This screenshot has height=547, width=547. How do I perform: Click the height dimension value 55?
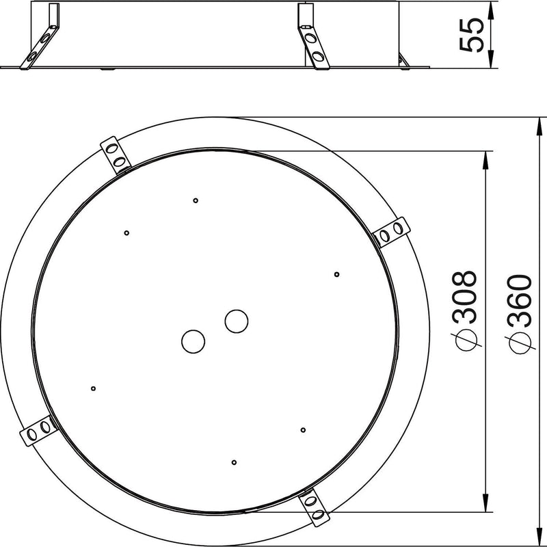(x=471, y=35)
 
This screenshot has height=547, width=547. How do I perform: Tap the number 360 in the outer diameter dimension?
(x=520, y=300)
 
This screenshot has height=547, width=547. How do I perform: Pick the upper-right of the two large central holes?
(x=237, y=321)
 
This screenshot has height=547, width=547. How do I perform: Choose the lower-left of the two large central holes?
(x=193, y=341)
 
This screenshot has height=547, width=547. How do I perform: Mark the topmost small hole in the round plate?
(x=196, y=200)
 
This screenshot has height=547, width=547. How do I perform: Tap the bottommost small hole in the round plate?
(x=234, y=463)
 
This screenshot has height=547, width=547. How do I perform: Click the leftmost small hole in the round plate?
(x=93, y=388)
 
